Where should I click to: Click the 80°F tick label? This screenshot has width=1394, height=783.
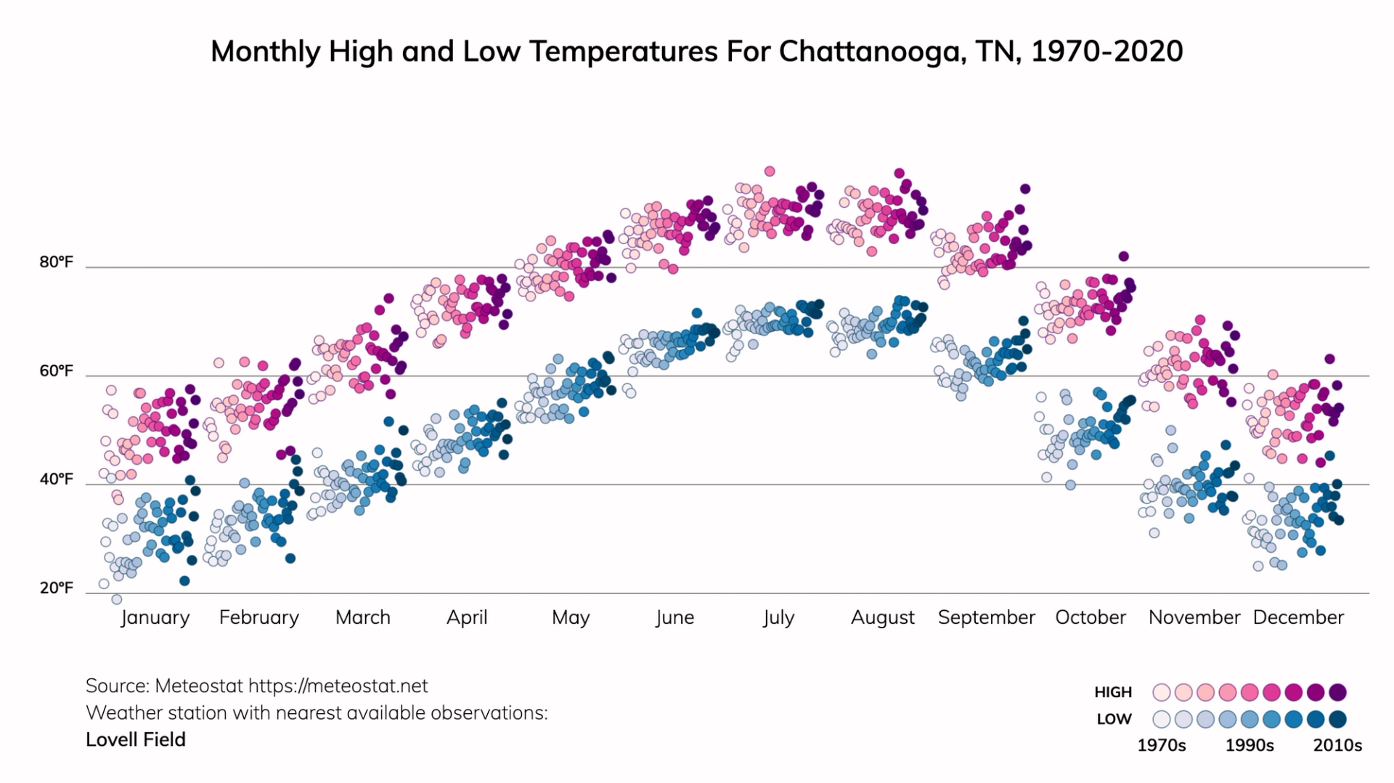click(x=56, y=262)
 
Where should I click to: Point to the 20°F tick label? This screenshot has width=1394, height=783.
click(x=56, y=588)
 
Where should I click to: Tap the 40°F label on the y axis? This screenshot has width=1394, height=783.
click(x=56, y=479)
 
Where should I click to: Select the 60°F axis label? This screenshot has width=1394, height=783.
click(x=56, y=371)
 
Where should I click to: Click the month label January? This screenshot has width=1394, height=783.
click(x=155, y=617)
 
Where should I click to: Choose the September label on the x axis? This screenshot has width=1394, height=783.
click(x=986, y=617)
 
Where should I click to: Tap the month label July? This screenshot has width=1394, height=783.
click(x=778, y=617)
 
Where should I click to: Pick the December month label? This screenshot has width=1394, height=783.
click(x=1298, y=617)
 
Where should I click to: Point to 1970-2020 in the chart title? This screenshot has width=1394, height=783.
click(x=1106, y=52)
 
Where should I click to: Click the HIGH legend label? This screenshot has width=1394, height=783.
click(x=1113, y=692)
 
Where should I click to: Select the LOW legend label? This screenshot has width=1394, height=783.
click(x=1114, y=719)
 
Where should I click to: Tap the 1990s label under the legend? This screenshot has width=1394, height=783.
click(x=1250, y=745)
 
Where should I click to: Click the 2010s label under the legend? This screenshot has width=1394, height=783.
click(x=1337, y=745)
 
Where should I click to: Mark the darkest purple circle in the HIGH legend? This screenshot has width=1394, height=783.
click(x=1337, y=692)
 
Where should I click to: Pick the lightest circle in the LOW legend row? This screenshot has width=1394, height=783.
click(x=1162, y=719)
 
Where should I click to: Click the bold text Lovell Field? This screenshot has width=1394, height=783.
click(x=136, y=739)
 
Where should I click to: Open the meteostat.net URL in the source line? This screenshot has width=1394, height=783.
click(x=338, y=686)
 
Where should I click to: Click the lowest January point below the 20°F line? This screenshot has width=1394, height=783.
click(x=116, y=599)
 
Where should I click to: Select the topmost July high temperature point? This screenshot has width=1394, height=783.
click(x=770, y=171)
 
